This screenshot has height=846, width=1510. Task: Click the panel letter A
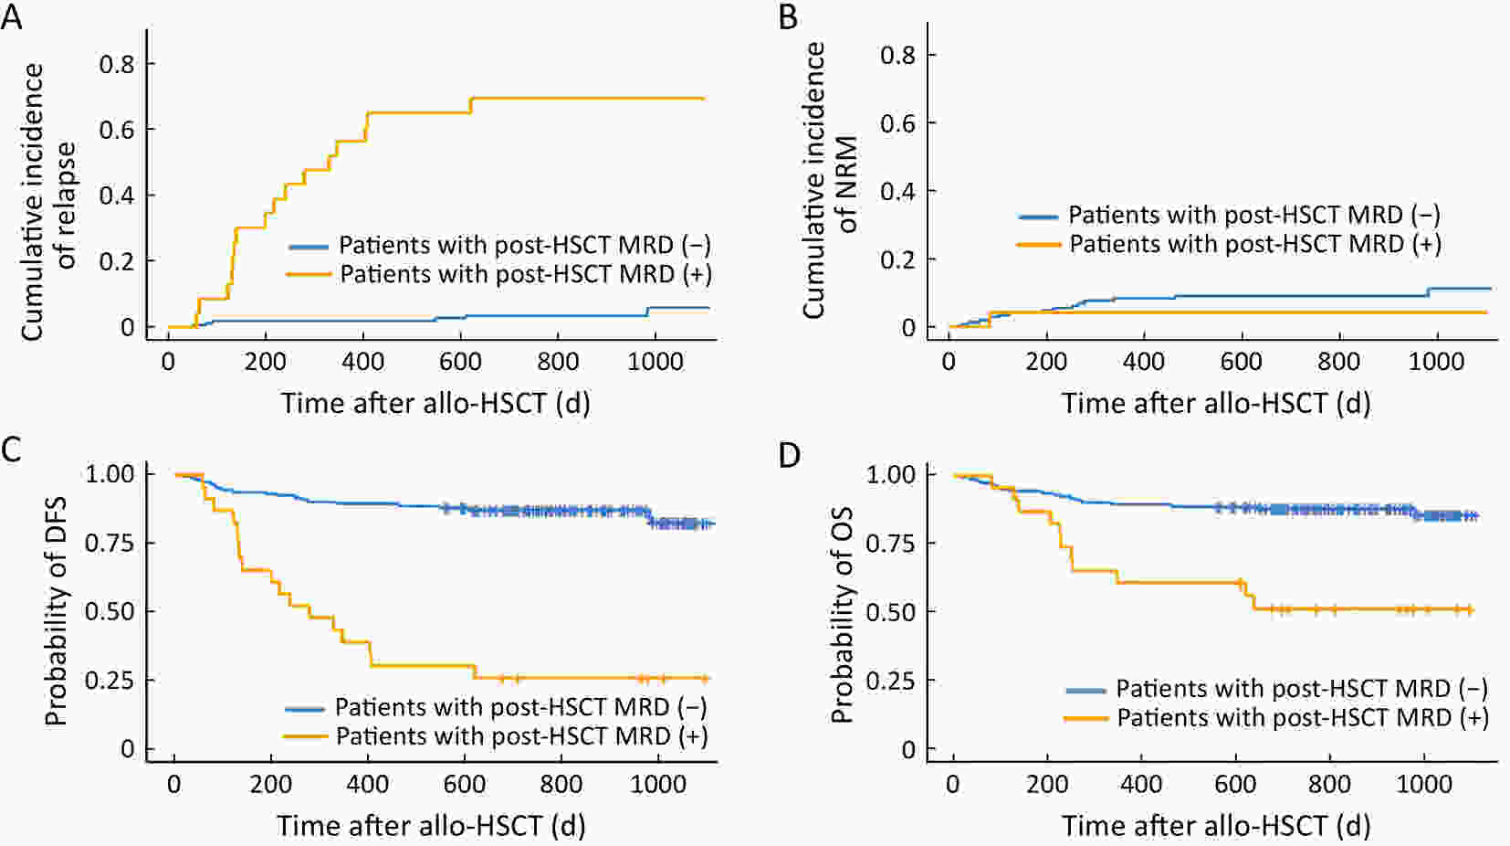click(11, 16)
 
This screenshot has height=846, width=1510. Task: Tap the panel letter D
click(790, 454)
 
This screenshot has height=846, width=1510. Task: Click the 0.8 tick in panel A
click(116, 65)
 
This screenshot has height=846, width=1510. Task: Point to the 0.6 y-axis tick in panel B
click(897, 123)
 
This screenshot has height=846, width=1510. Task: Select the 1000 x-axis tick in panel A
click(655, 362)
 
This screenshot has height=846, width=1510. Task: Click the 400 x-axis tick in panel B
click(1144, 362)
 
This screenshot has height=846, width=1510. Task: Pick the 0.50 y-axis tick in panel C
click(110, 611)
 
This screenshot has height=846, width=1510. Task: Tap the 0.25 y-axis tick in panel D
click(890, 681)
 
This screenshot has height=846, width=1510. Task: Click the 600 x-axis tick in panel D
click(1235, 784)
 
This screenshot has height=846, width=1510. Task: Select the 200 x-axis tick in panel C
click(271, 784)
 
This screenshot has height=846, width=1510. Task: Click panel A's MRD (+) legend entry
click(525, 274)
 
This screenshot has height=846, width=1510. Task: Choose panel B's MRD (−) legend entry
click(1254, 216)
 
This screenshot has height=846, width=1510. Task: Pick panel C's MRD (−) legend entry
click(520, 707)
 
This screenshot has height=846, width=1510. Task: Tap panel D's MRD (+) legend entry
click(1303, 718)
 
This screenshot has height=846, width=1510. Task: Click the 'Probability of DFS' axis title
click(57, 611)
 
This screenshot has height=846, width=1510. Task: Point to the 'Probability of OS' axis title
click(842, 614)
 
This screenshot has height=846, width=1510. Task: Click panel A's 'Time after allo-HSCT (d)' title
click(435, 403)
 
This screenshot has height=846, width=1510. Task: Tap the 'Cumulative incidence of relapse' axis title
click(47, 201)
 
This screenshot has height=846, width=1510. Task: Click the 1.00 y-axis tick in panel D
click(890, 474)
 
